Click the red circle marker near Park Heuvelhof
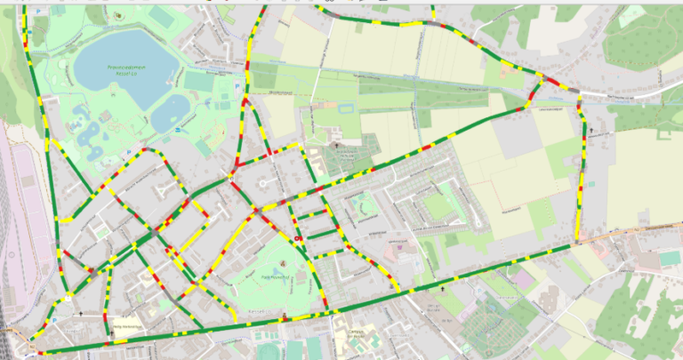click(x=297, y=238)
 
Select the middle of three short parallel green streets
click(x=313, y=216)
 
